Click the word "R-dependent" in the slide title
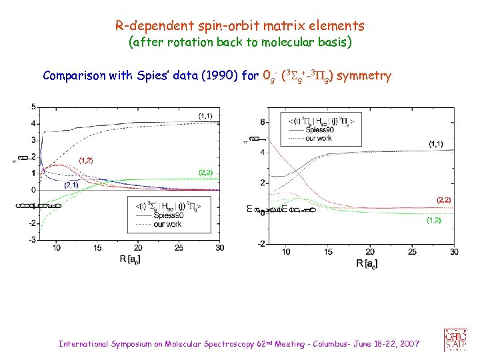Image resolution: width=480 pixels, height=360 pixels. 147,26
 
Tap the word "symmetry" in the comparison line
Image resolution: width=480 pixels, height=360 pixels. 364,75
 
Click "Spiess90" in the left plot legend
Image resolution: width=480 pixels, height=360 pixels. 167,216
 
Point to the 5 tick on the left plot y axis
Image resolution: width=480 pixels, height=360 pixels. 33,107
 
